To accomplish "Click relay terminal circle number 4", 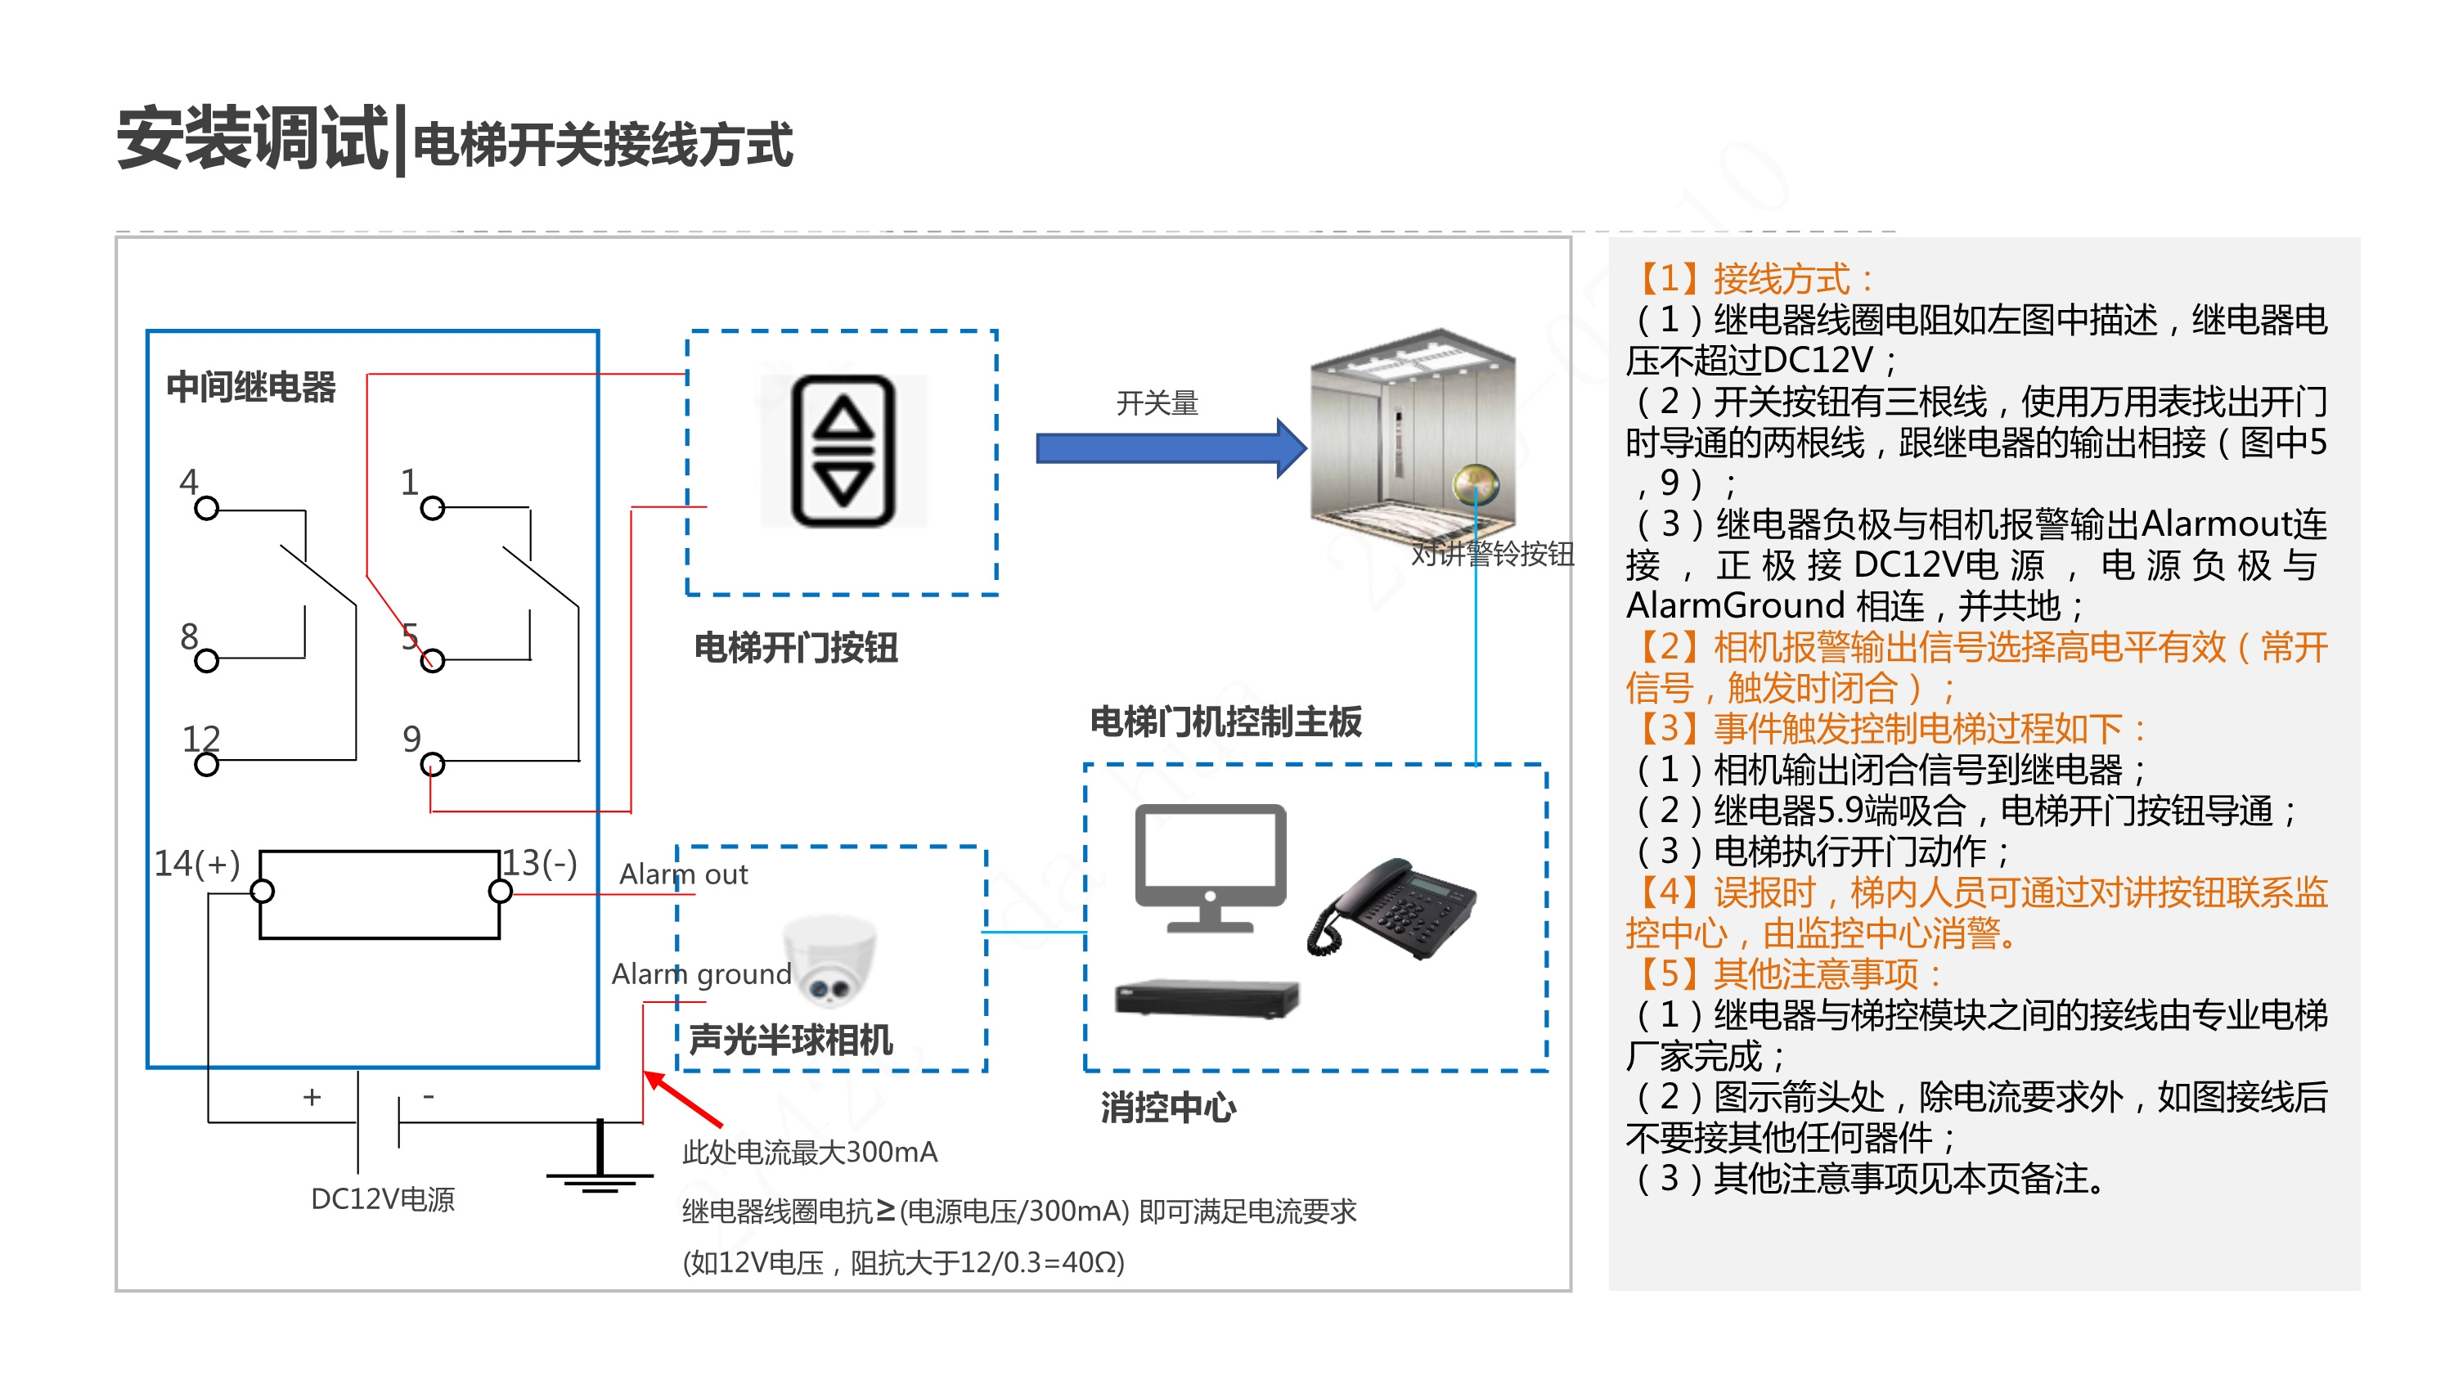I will coord(206,508).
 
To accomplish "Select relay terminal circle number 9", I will coord(432,763).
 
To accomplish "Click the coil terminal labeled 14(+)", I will coord(262,891).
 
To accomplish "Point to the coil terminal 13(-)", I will coord(499,891).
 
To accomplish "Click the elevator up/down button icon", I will coord(843,451).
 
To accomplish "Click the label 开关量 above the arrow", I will coord(1157,402).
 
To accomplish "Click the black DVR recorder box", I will coord(1206,998).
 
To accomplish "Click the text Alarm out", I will coord(683,874).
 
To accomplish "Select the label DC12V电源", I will coord(382,1198).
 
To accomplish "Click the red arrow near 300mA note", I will coord(682,1098).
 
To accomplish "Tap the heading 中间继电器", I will coord(250,387).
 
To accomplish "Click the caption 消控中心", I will coord(1168,1108).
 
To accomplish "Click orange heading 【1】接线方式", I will coord(1753,279).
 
